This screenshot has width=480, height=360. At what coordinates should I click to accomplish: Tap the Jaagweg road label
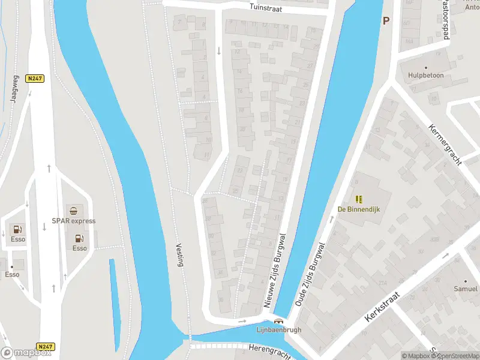coord(14,89)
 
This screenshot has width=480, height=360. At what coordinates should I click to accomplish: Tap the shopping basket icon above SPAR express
coord(73,211)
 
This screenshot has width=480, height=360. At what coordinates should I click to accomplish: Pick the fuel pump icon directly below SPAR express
coord(79,238)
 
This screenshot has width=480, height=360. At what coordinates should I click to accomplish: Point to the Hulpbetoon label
coord(425,76)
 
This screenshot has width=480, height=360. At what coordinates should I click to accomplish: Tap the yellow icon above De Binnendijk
coord(359,199)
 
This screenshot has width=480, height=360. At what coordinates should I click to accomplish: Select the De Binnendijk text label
coord(359,209)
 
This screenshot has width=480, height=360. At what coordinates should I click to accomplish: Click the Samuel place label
coord(466,289)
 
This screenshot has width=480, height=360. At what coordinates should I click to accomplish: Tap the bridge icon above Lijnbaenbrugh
coord(278,321)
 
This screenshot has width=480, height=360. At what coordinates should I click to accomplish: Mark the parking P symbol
coord(386,20)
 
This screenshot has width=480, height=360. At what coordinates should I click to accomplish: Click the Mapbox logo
coord(26,353)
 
